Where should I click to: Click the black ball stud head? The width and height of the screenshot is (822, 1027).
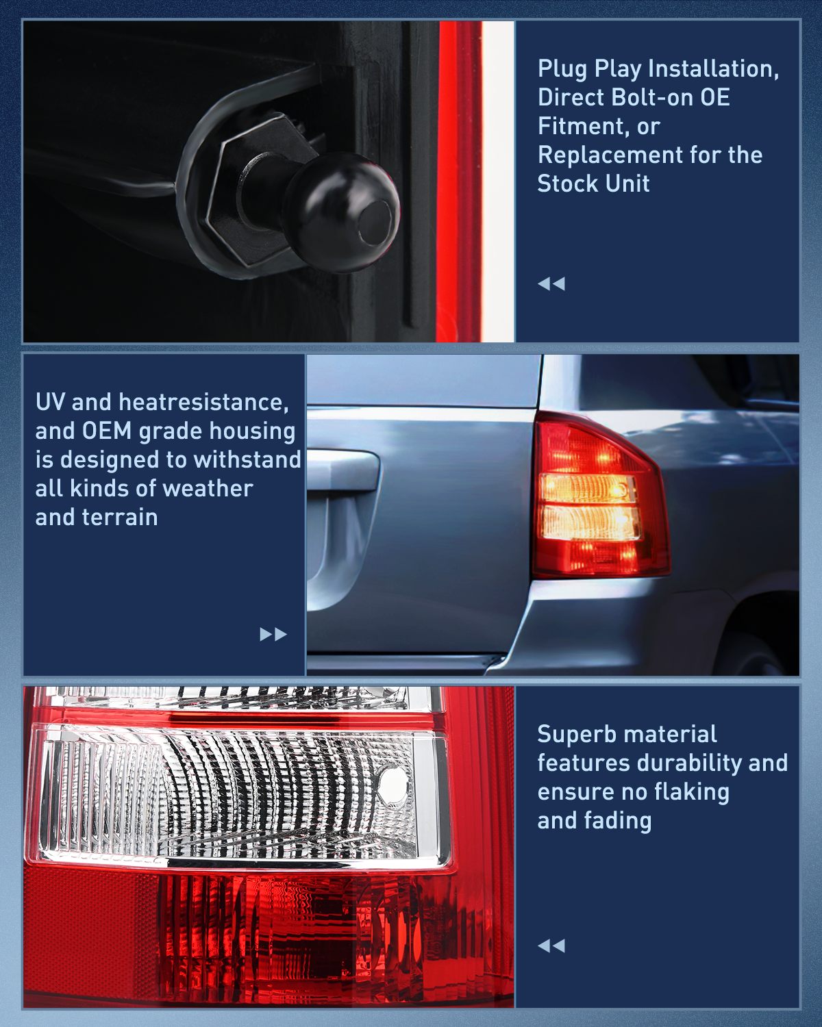pos(342,212)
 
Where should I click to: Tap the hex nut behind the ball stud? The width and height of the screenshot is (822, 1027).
pos(258,188)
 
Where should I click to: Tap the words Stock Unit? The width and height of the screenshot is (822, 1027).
pos(593,183)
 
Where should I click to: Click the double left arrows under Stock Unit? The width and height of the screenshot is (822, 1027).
pos(551,284)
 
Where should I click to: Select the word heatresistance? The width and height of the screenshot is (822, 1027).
pos(203,403)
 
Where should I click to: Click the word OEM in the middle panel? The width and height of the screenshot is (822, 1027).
pos(107,431)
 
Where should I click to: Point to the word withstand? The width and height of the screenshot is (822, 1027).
pos(247,459)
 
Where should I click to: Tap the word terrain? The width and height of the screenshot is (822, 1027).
pos(119,518)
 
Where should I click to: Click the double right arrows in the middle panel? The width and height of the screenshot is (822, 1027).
pos(273,634)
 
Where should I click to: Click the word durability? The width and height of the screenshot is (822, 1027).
pos(690,763)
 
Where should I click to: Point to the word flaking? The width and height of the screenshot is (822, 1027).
pos(692,792)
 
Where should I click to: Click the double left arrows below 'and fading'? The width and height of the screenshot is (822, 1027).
pos(551,946)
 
